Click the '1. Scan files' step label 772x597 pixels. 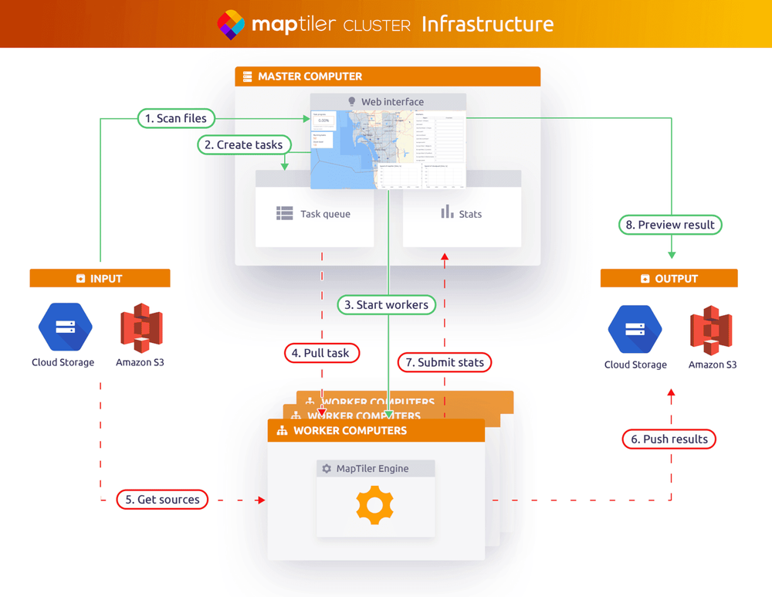click(176, 118)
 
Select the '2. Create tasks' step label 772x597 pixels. click(243, 144)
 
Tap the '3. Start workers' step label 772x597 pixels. click(386, 305)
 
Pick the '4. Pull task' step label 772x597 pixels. click(322, 353)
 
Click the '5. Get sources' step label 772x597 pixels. click(163, 500)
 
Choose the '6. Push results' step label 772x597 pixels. click(669, 439)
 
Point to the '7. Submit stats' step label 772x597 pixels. click(445, 361)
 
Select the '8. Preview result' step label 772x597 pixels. click(670, 225)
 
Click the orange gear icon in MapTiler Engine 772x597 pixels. click(375, 506)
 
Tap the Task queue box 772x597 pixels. click(314, 214)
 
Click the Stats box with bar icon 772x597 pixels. click(462, 213)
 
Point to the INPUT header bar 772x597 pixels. click(100, 279)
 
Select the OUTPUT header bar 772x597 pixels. click(669, 279)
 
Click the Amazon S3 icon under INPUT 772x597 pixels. click(141, 328)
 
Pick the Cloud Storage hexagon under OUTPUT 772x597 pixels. click(635, 330)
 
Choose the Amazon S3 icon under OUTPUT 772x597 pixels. click(711, 330)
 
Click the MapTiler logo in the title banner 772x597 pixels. click(231, 25)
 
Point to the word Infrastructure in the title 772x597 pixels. click(487, 24)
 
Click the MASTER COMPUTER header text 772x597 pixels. click(310, 76)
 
